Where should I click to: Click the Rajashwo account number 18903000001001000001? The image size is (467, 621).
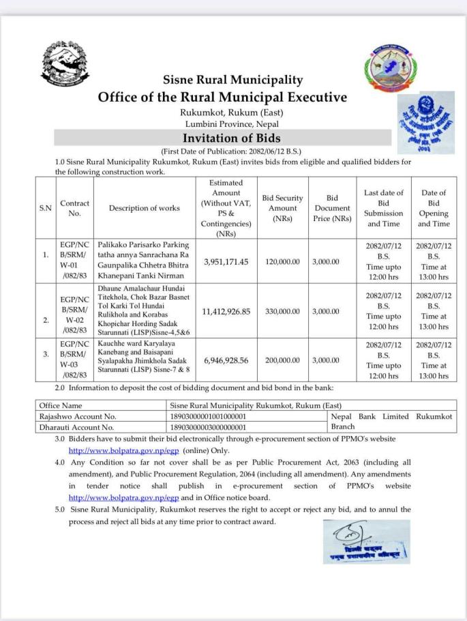click(x=208, y=416)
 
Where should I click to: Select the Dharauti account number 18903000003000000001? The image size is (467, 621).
click(x=208, y=428)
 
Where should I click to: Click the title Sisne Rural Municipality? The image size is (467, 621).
click(x=232, y=81)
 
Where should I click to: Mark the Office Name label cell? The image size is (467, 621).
click(x=62, y=405)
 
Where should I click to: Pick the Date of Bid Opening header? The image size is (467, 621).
click(x=433, y=208)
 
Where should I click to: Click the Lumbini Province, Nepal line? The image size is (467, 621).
click(x=232, y=124)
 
